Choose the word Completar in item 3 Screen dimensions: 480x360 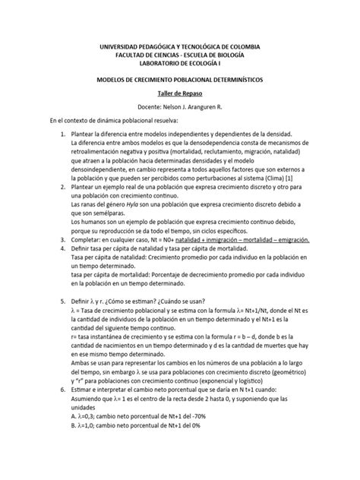click(x=86, y=238)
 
